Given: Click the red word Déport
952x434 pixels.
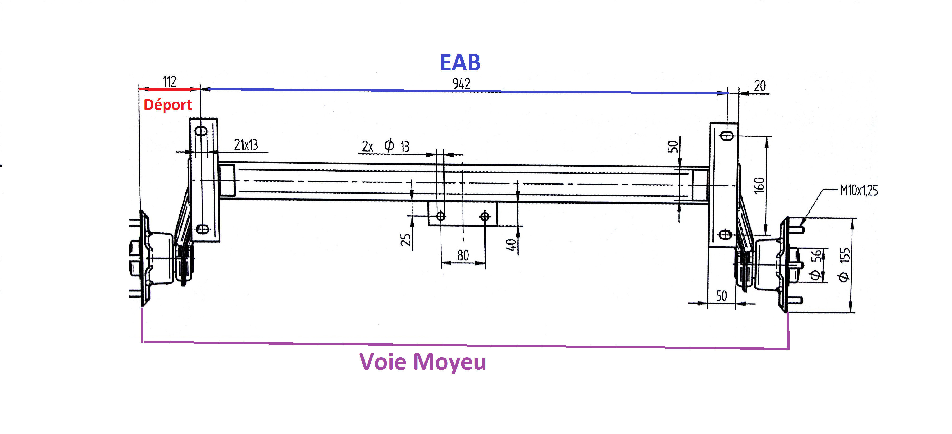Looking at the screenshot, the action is pos(168,105).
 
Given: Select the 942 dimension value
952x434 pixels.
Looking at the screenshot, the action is pos(461,84).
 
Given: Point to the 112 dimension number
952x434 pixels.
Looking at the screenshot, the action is pos(170,81).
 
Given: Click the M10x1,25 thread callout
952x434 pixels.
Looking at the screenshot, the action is pos(858,191).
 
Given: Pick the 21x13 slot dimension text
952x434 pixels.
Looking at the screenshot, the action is pos(246,145).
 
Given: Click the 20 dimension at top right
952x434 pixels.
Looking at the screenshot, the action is pos(760,86).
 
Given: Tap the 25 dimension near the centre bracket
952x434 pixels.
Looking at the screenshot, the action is pos(405,240).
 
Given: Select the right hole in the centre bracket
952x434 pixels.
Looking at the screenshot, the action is pos(485,216).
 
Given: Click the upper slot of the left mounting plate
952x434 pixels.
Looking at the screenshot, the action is pos(202,131).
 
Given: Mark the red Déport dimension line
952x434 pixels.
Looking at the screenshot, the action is pos(170,89).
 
